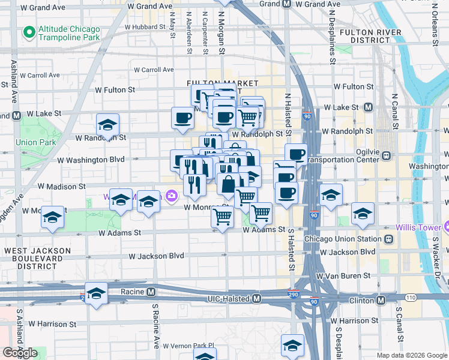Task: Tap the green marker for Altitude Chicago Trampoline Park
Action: coord(28,31)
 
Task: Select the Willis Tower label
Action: coord(418,228)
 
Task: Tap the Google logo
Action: coord(20,353)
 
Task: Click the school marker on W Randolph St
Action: coord(107,126)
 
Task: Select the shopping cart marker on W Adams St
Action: coord(222,218)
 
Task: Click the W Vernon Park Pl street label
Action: coord(187,346)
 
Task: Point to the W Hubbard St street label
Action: coord(145,28)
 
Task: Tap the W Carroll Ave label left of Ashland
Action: coord(40,76)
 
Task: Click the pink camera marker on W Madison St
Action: coord(172,196)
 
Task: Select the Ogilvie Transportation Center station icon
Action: coord(386,156)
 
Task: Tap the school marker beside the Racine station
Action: coord(96,294)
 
